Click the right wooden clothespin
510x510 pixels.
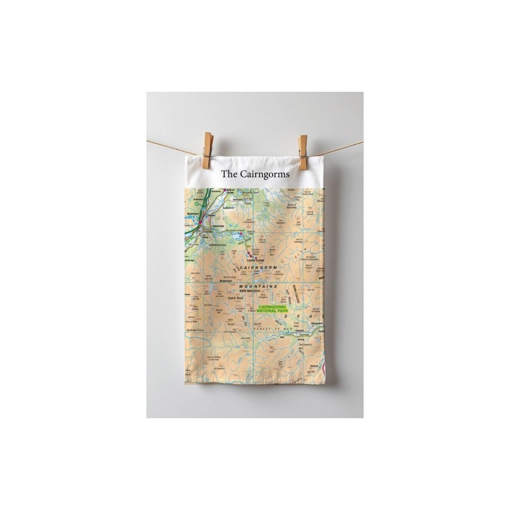[303, 150]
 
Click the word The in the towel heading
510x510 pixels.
[229, 174]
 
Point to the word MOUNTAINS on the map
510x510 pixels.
[260, 287]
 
